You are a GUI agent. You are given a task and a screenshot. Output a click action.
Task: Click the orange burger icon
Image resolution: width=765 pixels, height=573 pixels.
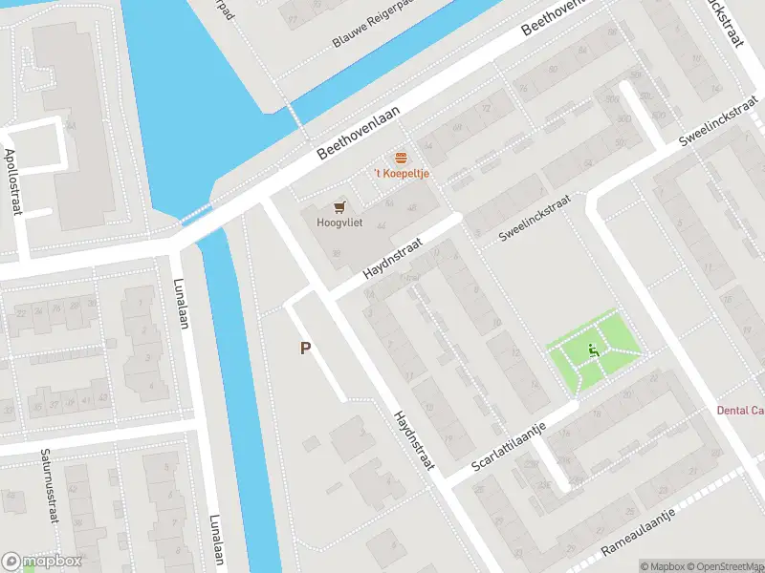401,158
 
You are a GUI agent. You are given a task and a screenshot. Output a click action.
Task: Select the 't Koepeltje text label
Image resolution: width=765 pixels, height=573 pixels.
401,174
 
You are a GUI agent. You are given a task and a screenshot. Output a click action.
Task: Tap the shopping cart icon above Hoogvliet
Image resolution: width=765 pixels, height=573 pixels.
339,206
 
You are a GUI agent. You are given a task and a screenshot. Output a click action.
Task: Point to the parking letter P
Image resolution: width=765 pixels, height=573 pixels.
305,349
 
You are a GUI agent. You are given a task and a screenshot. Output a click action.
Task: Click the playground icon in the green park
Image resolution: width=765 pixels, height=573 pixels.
594,351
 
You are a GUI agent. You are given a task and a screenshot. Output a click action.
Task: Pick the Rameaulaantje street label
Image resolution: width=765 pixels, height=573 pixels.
638,533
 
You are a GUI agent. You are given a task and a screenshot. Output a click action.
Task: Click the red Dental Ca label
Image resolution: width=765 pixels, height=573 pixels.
740,411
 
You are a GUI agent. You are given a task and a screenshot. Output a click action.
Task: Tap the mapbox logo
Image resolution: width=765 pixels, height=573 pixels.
42,562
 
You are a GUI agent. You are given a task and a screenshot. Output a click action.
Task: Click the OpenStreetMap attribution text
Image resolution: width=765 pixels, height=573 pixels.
726,566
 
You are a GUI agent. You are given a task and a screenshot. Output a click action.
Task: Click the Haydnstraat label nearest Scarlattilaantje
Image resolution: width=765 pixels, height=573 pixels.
414,440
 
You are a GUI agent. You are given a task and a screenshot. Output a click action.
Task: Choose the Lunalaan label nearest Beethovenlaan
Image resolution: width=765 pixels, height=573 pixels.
180,304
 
